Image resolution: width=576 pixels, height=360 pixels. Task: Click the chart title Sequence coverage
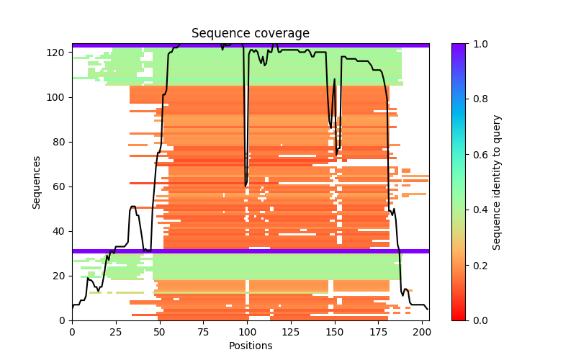250,34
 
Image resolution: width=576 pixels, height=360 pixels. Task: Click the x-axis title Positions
250,346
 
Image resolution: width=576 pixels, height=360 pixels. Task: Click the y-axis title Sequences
37,182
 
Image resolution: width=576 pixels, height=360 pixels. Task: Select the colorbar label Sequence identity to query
497,182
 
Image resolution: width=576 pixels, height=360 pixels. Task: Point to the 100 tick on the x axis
247,320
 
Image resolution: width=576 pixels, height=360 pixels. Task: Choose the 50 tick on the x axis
159,320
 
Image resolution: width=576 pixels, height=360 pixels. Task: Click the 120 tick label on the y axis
59,53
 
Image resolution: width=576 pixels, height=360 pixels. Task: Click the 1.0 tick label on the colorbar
478,44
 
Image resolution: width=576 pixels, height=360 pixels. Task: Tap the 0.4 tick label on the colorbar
478,210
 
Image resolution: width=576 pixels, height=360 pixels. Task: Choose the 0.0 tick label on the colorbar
478,320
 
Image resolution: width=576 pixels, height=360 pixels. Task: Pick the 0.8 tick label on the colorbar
478,99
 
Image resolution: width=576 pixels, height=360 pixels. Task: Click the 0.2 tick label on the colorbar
478,265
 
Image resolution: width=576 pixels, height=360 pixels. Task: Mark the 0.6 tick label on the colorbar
478,155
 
